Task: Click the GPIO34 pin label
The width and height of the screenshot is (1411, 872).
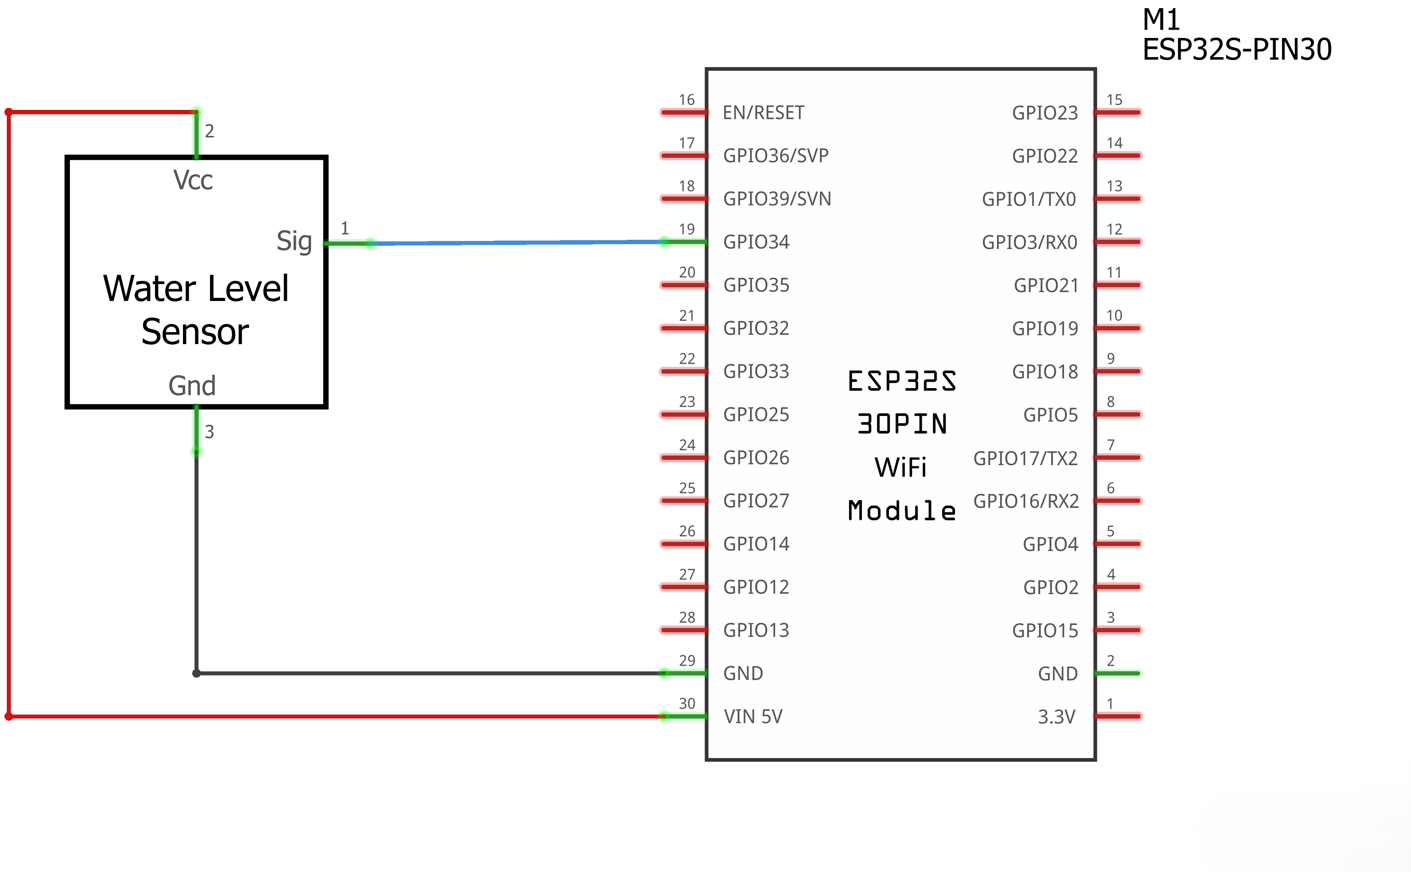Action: [x=756, y=242]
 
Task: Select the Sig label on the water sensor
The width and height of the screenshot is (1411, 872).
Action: [x=294, y=241]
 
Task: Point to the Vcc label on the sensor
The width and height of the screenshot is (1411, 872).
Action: [x=193, y=180]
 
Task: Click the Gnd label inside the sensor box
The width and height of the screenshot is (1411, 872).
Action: [x=192, y=385]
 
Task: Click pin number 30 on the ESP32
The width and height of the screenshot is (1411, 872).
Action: [x=687, y=704]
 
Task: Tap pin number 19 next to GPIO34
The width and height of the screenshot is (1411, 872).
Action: [x=687, y=229]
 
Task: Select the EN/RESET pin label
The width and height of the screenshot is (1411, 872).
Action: [x=764, y=112]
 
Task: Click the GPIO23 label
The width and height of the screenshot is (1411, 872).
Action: [x=1045, y=112]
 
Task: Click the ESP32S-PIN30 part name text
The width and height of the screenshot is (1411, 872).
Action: [x=1237, y=49]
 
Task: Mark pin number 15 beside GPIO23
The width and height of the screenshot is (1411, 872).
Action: [x=1115, y=100]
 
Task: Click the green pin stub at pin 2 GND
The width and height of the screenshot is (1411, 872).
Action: [x=1118, y=673]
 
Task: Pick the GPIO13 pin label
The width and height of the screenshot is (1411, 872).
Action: [x=756, y=630]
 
